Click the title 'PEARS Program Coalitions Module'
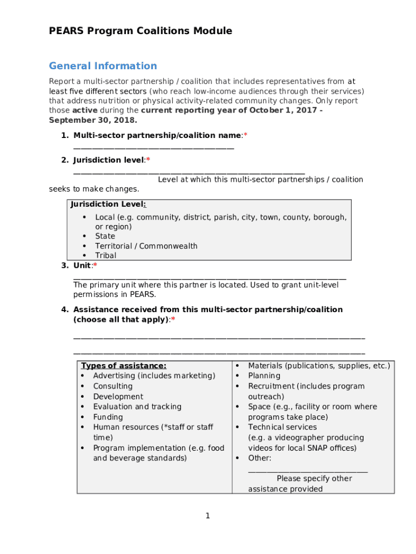coord(140,31)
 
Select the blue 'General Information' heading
coord(103,66)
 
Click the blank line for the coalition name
coord(153,147)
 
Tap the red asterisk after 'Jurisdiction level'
coord(148,160)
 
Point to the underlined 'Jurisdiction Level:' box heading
coord(108,205)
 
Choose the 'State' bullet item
coord(105,236)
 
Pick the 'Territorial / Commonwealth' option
coord(146,246)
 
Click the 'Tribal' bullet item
coord(105,255)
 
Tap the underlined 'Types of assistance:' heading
coord(124,366)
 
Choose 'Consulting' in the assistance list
coord(112,386)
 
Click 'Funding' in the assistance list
coord(108,417)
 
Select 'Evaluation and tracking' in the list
coord(137,407)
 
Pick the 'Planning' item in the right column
coord(264,376)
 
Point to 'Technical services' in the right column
coord(282,427)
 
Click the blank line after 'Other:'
coord(307,470)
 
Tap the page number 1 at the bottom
coord(207,516)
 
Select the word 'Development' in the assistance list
coord(118,397)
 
